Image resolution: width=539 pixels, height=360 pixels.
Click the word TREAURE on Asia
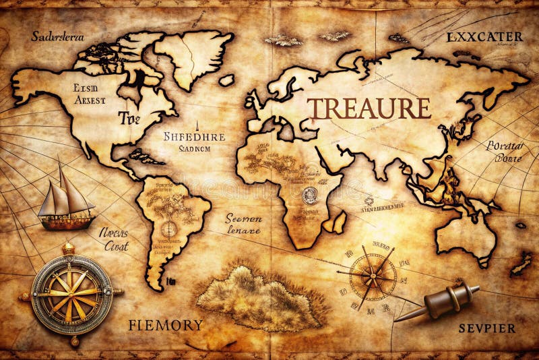point(369,109)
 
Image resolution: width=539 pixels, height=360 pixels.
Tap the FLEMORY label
point(165,325)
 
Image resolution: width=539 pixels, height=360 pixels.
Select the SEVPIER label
point(487,328)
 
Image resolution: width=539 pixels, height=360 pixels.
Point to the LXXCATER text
point(484,37)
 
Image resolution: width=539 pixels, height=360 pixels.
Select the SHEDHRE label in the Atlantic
point(195,137)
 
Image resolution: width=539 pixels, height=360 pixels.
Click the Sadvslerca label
point(57,36)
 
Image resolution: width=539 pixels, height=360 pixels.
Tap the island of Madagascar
point(340,221)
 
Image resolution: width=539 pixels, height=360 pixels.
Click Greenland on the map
point(192,57)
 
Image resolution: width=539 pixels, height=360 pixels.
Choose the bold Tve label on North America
point(129,119)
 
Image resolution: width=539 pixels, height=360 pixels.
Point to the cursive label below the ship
point(114,239)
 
